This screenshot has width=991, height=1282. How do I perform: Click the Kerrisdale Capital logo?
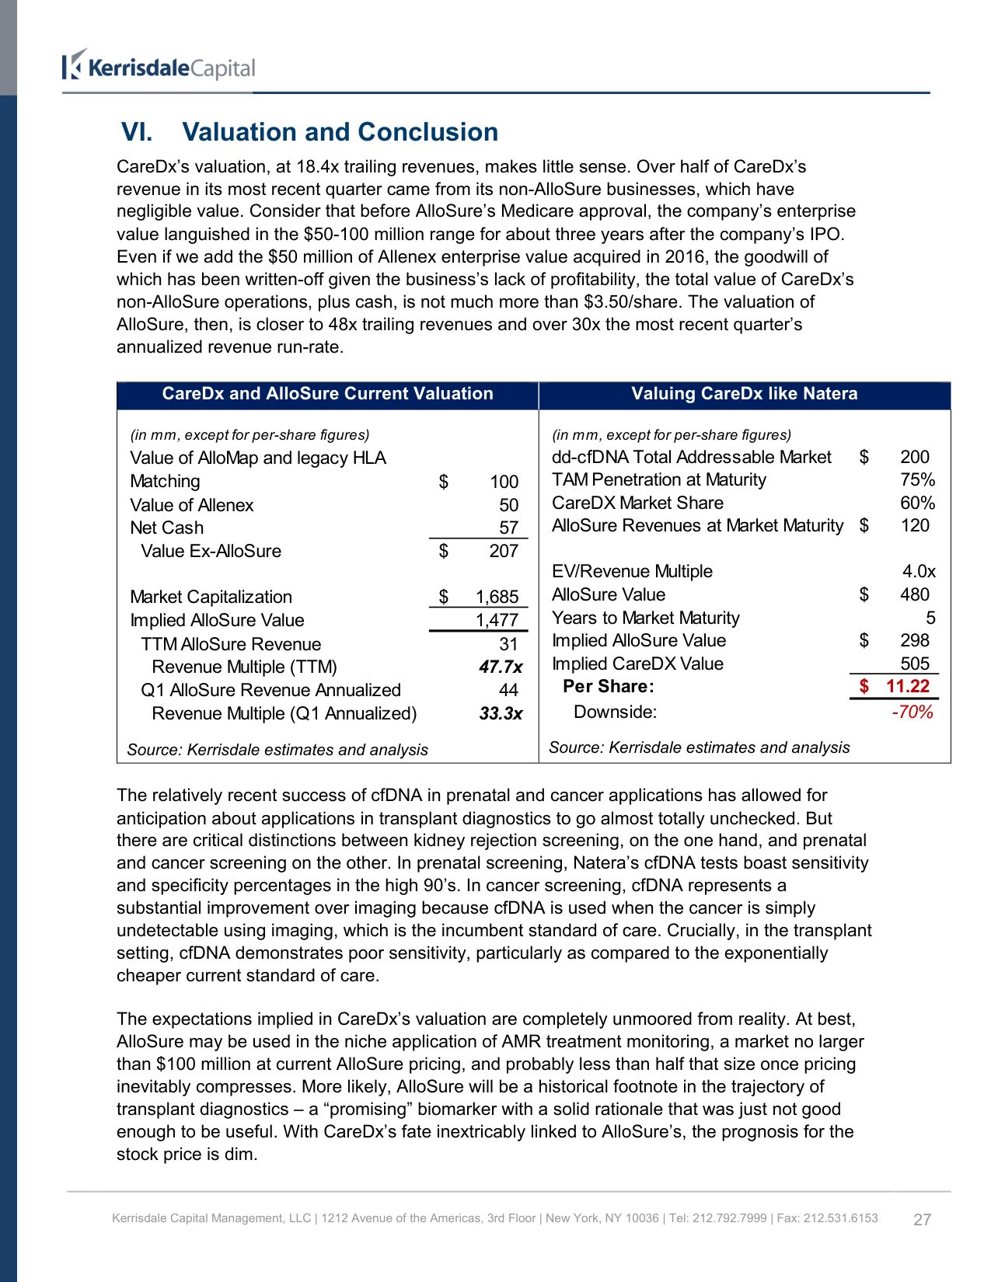pyautogui.click(x=159, y=67)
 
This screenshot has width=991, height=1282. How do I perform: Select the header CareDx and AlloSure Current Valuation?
pyautogui.click(x=327, y=394)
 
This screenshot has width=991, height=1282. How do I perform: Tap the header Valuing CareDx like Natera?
pyautogui.click(x=744, y=394)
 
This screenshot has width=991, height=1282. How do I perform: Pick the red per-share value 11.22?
pyautogui.click(x=907, y=686)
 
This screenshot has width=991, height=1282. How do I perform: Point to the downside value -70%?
pyautogui.click(x=912, y=712)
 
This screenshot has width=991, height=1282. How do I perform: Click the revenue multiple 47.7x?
pyautogui.click(x=501, y=667)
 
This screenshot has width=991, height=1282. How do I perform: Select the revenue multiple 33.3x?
pyautogui.click(x=501, y=714)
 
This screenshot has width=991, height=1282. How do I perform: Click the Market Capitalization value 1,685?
pyautogui.click(x=497, y=597)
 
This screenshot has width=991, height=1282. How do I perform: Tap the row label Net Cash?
pyautogui.click(x=166, y=528)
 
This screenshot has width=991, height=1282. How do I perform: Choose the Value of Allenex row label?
pyautogui.click(x=192, y=506)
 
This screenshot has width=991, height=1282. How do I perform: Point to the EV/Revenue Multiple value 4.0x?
pyautogui.click(x=919, y=572)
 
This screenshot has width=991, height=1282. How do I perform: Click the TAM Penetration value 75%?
pyautogui.click(x=917, y=480)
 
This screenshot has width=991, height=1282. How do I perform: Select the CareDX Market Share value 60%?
pyautogui.click(x=917, y=503)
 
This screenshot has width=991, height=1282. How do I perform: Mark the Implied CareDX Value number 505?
pyautogui.click(x=915, y=664)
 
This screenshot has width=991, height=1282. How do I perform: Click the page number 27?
pyautogui.click(x=922, y=1220)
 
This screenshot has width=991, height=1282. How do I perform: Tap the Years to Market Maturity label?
pyautogui.click(x=645, y=618)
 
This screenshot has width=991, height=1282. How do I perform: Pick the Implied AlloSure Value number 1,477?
pyautogui.click(x=497, y=621)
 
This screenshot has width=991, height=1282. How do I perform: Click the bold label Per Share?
pyautogui.click(x=608, y=687)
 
